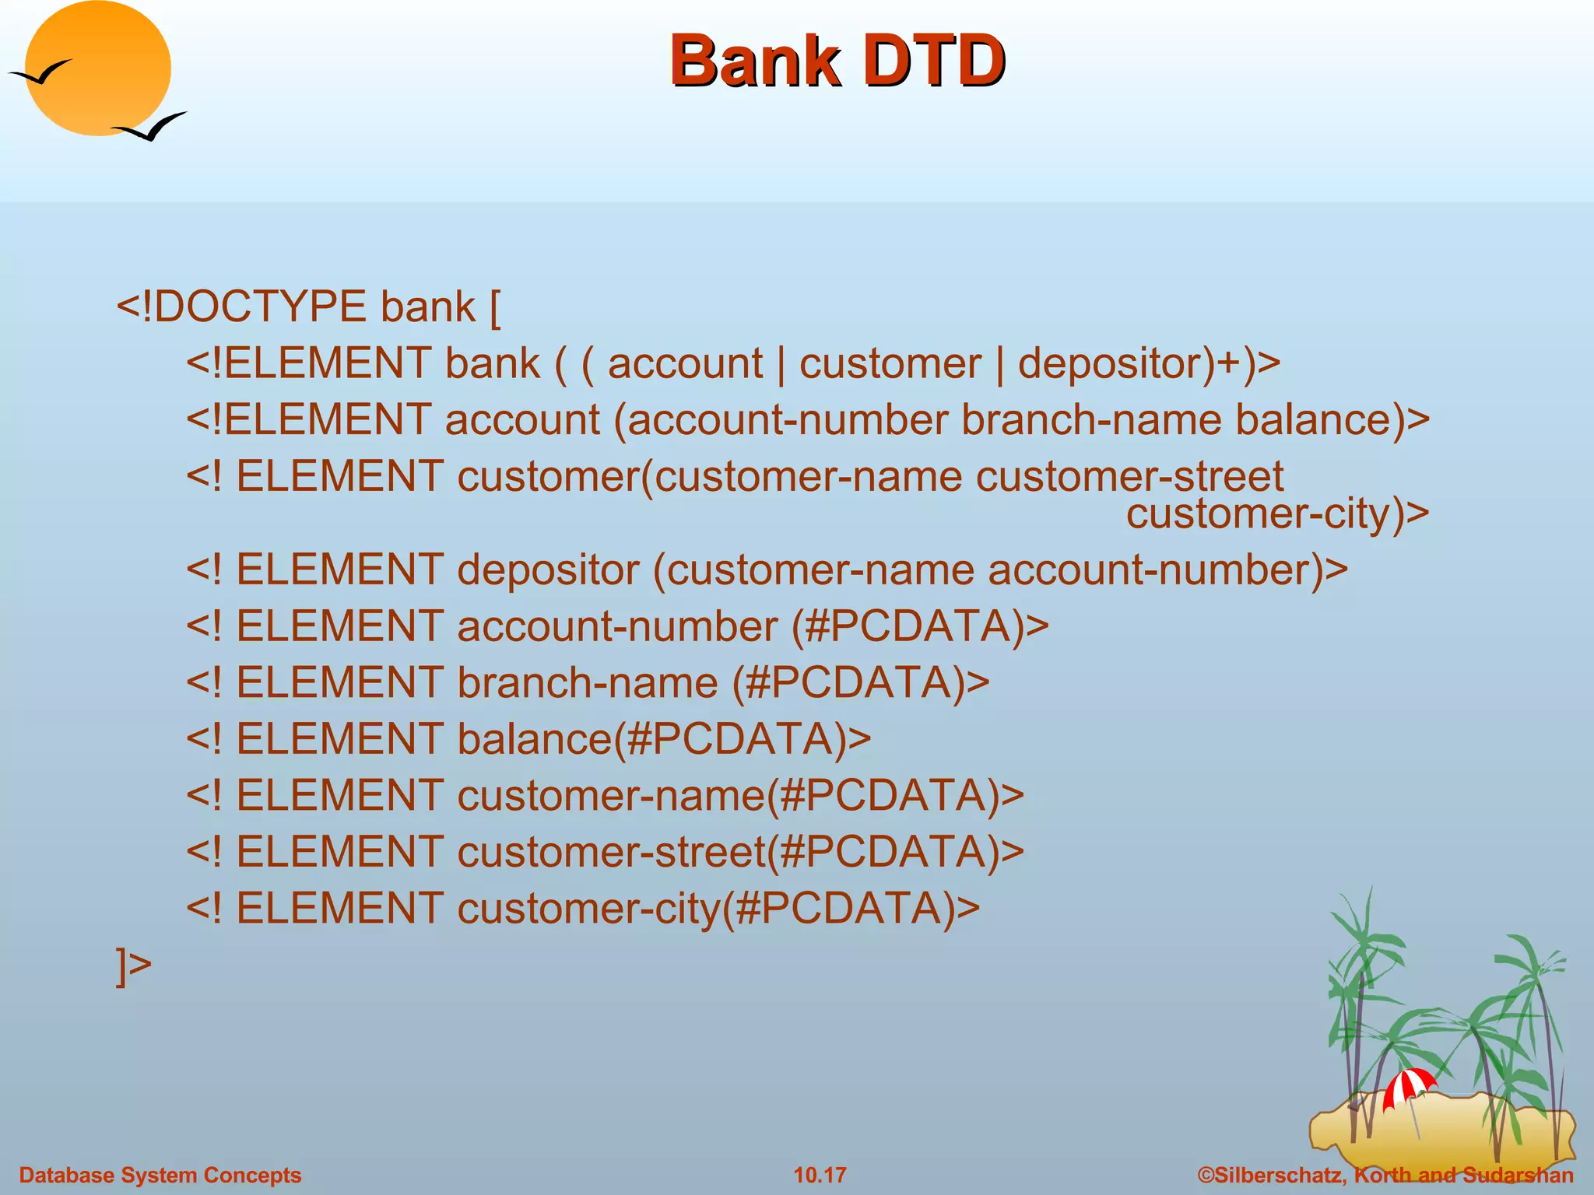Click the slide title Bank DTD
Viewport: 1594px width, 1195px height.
837,61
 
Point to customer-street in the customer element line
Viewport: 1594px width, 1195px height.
1129,476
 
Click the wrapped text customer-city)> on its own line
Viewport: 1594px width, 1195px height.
1276,513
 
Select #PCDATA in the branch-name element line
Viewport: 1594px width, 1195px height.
848,683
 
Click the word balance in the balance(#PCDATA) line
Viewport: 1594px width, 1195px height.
534,739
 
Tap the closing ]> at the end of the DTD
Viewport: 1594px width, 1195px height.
133,965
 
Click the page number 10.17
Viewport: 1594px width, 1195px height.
820,1175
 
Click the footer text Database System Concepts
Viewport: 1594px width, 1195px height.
160,1175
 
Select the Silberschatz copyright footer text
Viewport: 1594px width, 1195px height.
1385,1175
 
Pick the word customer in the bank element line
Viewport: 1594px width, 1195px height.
890,364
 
